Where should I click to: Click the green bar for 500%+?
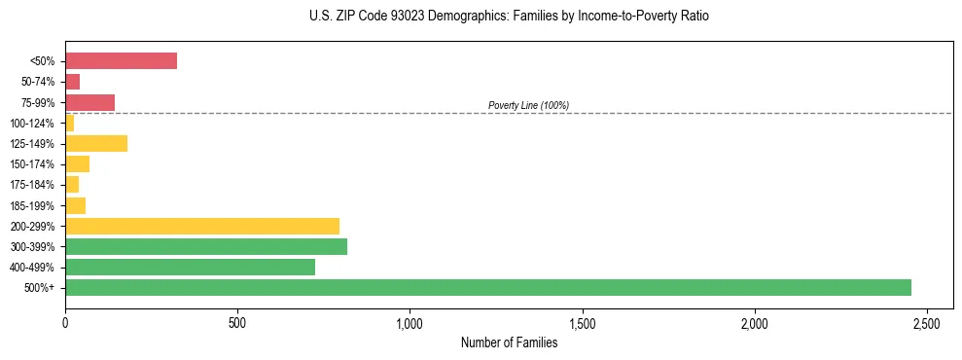coord(487,287)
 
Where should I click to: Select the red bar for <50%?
coord(121,61)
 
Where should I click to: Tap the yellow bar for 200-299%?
coord(202,226)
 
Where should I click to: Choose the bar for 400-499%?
coord(190,267)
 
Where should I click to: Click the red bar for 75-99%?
coord(89,102)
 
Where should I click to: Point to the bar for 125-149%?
coord(96,144)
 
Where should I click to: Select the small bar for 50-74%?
coord(72,82)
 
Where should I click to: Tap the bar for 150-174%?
coord(77,164)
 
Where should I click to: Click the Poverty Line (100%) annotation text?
coord(528,105)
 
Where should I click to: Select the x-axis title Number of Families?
coord(509,342)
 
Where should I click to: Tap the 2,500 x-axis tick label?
coord(927,322)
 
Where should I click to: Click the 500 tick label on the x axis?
coord(237,322)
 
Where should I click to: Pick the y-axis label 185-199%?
coord(34,205)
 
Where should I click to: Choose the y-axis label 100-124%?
coord(34,124)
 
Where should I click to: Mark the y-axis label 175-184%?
coord(34,185)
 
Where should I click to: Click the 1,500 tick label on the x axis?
coord(582,322)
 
